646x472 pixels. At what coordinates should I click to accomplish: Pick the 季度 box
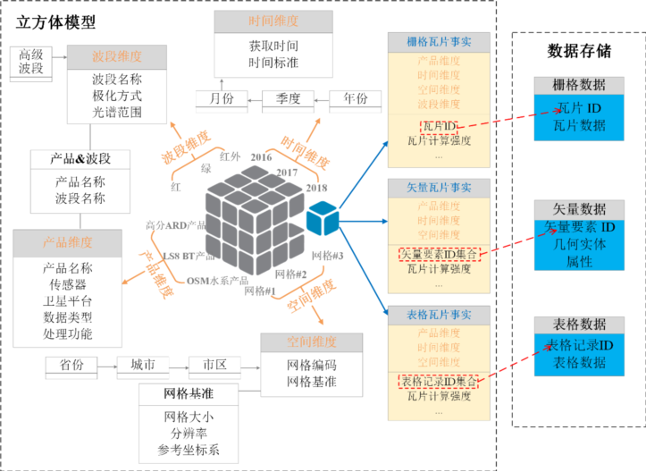(287, 99)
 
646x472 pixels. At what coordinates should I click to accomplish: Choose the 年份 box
(355, 99)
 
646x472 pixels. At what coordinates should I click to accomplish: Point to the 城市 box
(144, 366)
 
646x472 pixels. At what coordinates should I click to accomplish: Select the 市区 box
(214, 366)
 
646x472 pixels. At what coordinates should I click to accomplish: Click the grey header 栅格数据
(579, 85)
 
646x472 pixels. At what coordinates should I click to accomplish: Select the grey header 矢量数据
(579, 208)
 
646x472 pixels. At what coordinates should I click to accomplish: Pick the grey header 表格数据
(579, 324)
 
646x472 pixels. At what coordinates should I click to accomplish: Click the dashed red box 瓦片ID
(439, 126)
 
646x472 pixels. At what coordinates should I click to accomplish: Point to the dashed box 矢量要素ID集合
(438, 255)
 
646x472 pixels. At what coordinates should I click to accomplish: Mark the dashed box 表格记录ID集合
(438, 382)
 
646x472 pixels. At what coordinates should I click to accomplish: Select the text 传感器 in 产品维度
(68, 284)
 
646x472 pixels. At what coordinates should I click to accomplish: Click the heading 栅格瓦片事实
(438, 41)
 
